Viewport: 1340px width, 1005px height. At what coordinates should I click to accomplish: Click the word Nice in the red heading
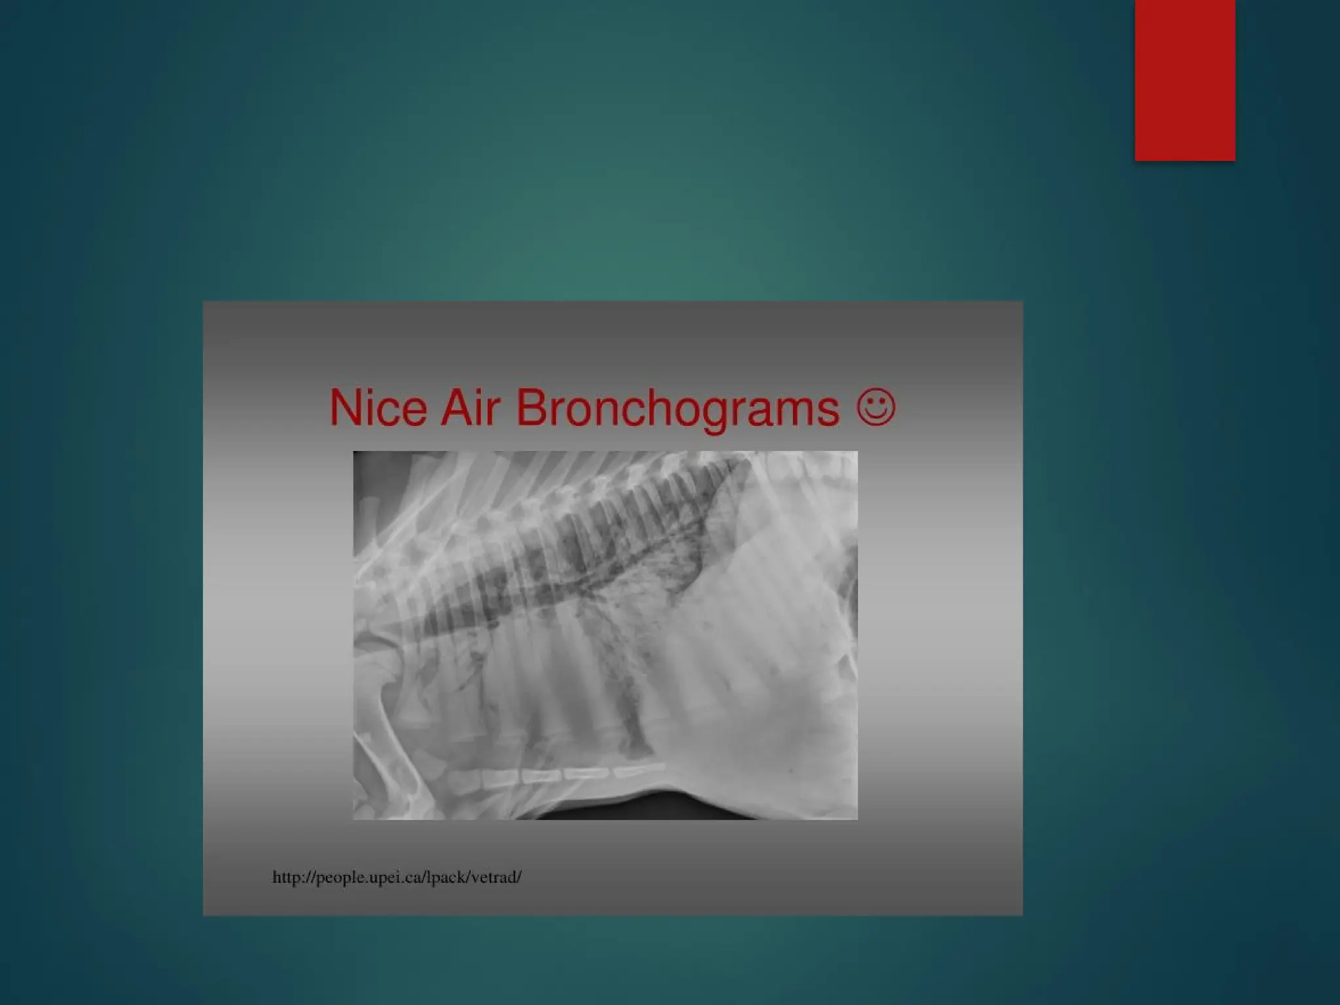(x=378, y=408)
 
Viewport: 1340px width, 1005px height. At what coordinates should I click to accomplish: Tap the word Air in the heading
(x=470, y=408)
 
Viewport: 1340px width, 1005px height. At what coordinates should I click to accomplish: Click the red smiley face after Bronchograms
(x=875, y=408)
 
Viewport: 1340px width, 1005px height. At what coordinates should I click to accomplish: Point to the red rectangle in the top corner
(x=1184, y=80)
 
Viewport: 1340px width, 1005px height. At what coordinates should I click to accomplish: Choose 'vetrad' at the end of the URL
(x=493, y=877)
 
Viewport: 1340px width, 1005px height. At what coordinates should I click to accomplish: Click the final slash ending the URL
(x=519, y=877)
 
